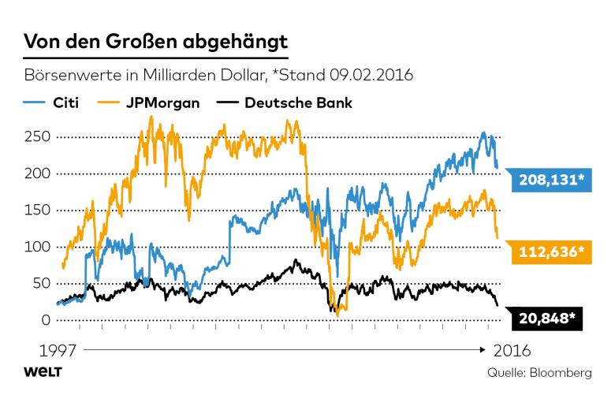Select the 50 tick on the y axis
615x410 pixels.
(41, 284)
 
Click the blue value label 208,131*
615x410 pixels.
(551, 181)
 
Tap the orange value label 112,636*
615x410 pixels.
(551, 252)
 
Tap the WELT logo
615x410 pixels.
(43, 372)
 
